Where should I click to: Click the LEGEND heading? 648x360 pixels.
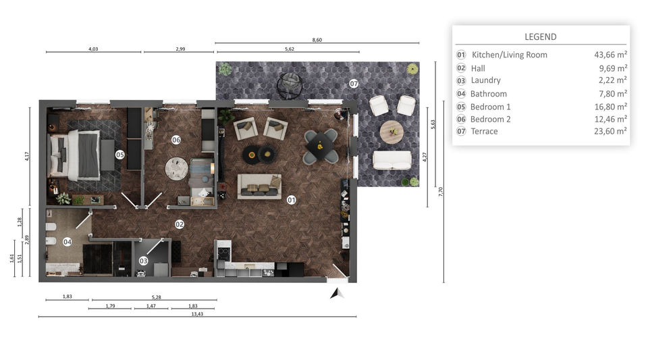click(541, 37)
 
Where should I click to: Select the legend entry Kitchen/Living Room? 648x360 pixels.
click(509, 55)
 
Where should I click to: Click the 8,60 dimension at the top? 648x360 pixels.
click(317, 40)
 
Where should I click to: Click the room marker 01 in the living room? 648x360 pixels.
click(292, 200)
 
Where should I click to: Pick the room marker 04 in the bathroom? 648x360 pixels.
click(67, 241)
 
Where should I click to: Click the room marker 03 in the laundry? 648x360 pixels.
click(143, 261)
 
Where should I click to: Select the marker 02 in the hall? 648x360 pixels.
click(180, 224)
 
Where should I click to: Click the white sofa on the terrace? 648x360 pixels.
click(391, 160)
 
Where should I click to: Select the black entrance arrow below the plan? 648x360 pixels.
click(336, 292)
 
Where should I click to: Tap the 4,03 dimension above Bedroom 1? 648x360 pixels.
click(93, 49)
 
